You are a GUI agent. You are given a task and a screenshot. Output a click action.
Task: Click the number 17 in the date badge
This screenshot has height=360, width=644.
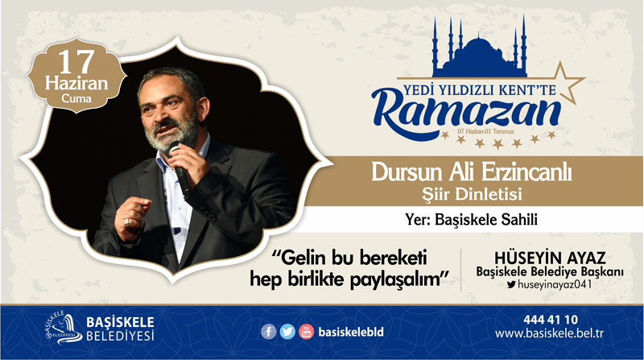pyautogui.click(x=76, y=62)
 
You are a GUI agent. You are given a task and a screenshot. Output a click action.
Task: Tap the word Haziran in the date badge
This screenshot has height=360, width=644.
pyautogui.click(x=76, y=84)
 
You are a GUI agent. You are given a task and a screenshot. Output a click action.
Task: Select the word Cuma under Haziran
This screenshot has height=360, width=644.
pyautogui.click(x=76, y=98)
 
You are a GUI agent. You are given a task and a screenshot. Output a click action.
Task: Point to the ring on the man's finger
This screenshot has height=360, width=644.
pyautogui.click(x=127, y=223)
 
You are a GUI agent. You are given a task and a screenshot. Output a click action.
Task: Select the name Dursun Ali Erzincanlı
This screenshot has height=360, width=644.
pyautogui.click(x=472, y=172)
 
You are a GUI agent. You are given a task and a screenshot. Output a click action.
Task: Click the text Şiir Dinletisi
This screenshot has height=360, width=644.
pyautogui.click(x=472, y=194)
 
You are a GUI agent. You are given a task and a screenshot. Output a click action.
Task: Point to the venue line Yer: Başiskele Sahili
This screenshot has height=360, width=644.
pyautogui.click(x=471, y=219)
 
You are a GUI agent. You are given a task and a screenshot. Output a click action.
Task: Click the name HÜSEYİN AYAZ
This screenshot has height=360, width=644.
pyautogui.click(x=550, y=258)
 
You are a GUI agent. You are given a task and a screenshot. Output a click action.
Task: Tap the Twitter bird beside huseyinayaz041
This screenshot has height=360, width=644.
pyautogui.click(x=511, y=284)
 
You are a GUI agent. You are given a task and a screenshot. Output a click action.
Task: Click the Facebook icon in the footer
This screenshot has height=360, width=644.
pyautogui.click(x=269, y=332)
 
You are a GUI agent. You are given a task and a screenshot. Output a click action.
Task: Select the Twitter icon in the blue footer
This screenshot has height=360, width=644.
pyautogui.click(x=287, y=332)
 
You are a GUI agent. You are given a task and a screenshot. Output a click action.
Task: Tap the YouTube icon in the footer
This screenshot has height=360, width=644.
pyautogui.click(x=307, y=332)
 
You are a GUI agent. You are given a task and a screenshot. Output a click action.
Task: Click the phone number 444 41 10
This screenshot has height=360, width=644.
pyautogui.click(x=551, y=320)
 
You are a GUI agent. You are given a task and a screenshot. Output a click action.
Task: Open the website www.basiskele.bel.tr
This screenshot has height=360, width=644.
pyautogui.click(x=549, y=333)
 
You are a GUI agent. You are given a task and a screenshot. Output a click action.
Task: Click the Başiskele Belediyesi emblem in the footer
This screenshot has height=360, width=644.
pyautogui.click(x=64, y=328)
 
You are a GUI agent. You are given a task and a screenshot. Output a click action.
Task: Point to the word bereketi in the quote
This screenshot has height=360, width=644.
pyautogui.click(x=394, y=258)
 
